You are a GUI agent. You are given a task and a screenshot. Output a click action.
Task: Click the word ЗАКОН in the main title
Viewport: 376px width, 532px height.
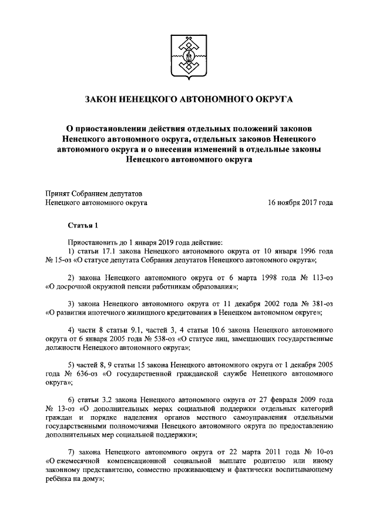pos(104,100)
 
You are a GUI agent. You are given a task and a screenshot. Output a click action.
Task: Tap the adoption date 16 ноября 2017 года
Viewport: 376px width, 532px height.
pos(300,203)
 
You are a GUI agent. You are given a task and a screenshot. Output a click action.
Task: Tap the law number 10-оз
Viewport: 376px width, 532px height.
pos(320,451)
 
